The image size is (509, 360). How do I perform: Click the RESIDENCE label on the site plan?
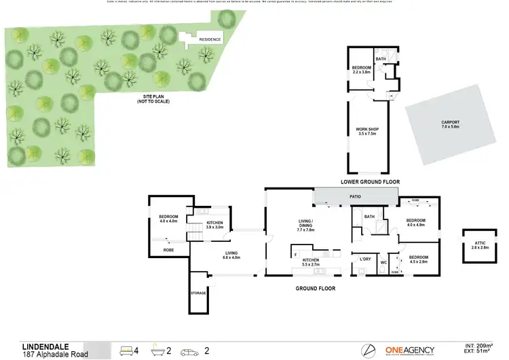(x=210, y=40)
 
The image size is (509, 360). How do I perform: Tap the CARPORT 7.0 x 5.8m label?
(x=450, y=124)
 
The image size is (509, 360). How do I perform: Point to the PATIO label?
(x=355, y=197)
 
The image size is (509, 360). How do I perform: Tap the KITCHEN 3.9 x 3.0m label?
(x=214, y=225)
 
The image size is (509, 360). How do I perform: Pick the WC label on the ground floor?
(x=383, y=262)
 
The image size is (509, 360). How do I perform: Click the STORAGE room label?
(x=199, y=293)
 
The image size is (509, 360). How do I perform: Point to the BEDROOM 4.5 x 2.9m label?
(x=419, y=259)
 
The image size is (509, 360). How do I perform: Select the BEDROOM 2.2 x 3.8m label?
(x=361, y=70)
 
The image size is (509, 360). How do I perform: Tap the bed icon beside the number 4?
(x=126, y=350)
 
